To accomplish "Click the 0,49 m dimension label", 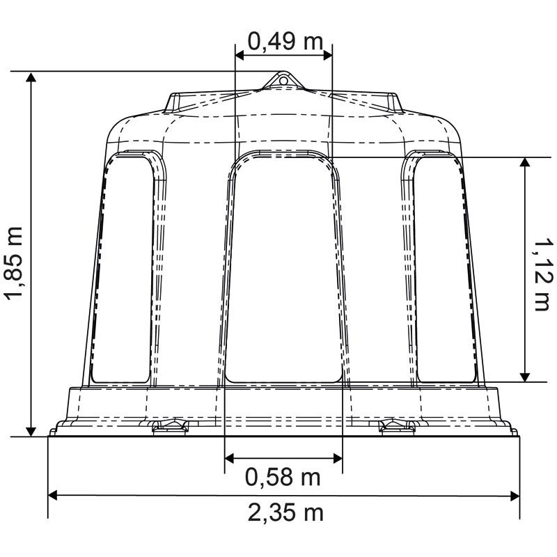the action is click(x=285, y=41).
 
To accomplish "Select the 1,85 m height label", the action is click(x=13, y=262).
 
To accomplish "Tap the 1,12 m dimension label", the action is click(x=544, y=275).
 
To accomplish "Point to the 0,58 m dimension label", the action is click(x=283, y=477).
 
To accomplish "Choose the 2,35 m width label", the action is click(x=285, y=512).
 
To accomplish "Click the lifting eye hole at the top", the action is click(x=283, y=81).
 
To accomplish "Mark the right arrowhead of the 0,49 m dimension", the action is click(x=327, y=56).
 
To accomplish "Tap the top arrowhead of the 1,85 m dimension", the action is click(x=31, y=77).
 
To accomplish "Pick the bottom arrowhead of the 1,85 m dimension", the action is click(x=31, y=431).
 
